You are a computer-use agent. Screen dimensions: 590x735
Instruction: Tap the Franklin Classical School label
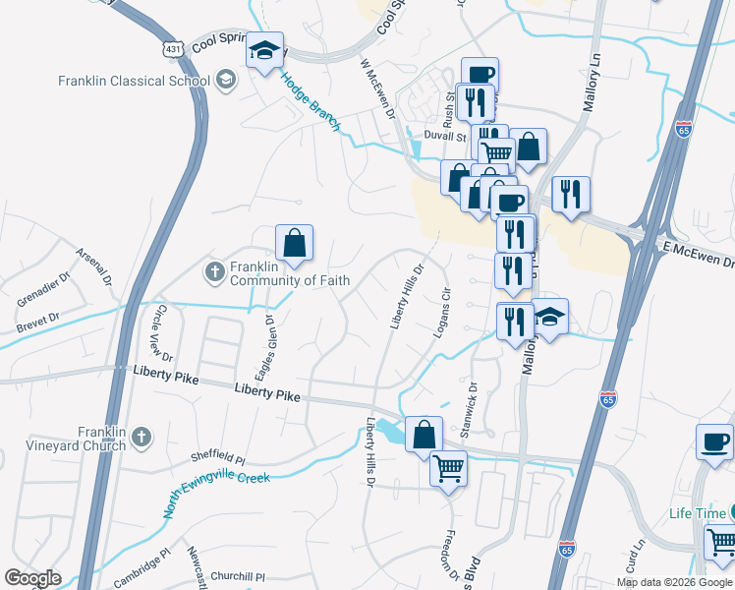pyautogui.click(x=133, y=82)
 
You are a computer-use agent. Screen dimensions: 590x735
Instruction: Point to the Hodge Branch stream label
pyautogui.click(x=311, y=102)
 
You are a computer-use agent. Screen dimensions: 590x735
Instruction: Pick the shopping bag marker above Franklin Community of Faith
pyautogui.click(x=294, y=240)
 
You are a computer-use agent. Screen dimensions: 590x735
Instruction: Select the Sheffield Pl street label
pyautogui.click(x=217, y=458)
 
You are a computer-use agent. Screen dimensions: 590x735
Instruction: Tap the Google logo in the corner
pyautogui.click(x=33, y=578)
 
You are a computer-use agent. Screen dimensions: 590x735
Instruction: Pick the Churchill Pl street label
pyautogui.click(x=239, y=577)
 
